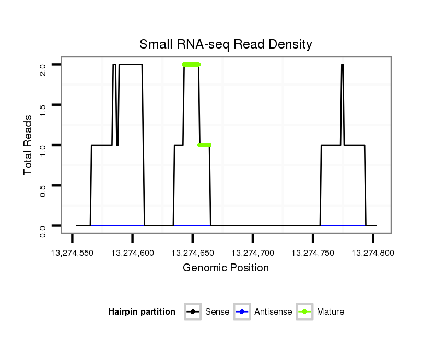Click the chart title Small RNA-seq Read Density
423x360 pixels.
click(226, 44)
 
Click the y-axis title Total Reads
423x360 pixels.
click(29, 145)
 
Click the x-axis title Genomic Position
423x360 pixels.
click(226, 268)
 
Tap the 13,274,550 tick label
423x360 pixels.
click(73, 253)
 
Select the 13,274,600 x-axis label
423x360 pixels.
click(133, 253)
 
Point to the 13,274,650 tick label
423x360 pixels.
click(193, 253)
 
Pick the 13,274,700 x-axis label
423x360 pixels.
click(253, 253)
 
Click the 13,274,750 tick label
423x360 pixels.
click(313, 253)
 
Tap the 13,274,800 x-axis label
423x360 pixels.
click(373, 253)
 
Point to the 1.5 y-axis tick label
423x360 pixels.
click(43, 110)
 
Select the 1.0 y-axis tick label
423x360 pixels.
click(43, 150)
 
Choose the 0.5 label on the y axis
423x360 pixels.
click(43, 190)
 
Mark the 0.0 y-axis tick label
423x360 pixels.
click(43, 230)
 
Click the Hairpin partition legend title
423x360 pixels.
click(142, 312)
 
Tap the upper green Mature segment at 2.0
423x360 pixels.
click(192, 65)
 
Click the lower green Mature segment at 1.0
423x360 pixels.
click(205, 145)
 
